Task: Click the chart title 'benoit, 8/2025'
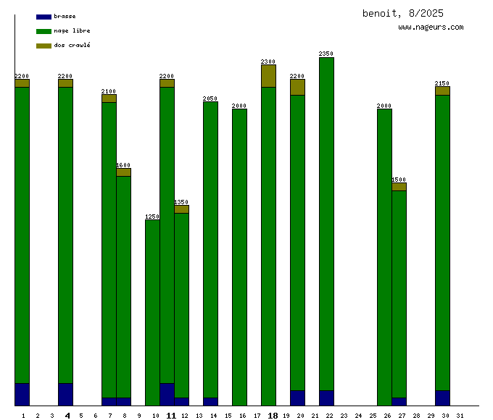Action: click(x=402, y=13)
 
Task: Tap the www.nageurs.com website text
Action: click(x=431, y=28)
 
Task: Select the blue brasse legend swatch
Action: click(x=43, y=17)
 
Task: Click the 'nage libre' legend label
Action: click(x=72, y=31)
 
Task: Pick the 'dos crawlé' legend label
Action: click(x=72, y=46)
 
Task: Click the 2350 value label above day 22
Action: click(x=326, y=54)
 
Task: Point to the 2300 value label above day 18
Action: click(x=268, y=62)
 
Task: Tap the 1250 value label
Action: click(x=152, y=217)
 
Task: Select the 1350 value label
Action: click(x=181, y=202)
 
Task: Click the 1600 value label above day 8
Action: click(x=123, y=165)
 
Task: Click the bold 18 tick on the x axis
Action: click(x=273, y=416)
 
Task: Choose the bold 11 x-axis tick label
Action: click(x=171, y=416)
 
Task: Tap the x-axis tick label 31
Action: click(x=460, y=416)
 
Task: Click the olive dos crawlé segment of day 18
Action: click(x=268, y=76)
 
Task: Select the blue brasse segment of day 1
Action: click(x=22, y=394)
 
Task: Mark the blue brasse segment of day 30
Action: click(x=442, y=398)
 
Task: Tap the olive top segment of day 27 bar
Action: click(x=399, y=187)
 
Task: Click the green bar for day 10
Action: click(x=152, y=312)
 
